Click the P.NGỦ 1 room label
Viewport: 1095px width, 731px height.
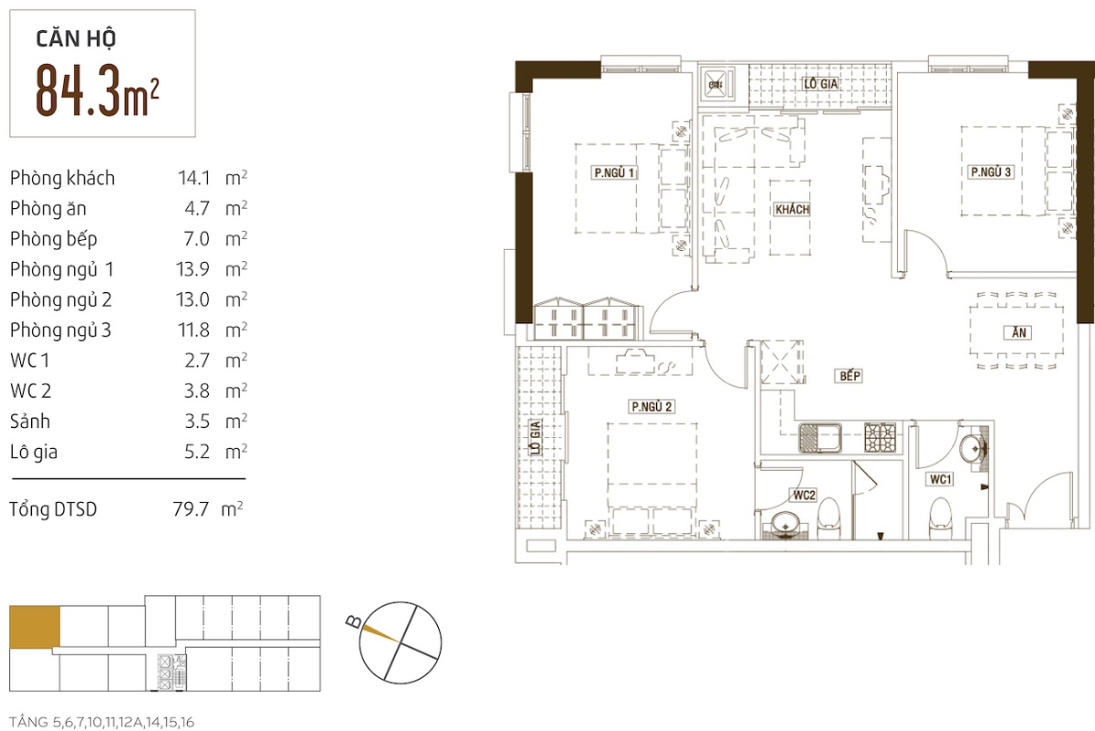pyautogui.click(x=614, y=172)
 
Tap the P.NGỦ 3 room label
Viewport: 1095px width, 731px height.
pyautogui.click(x=990, y=172)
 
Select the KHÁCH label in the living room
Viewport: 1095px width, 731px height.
pyautogui.click(x=792, y=209)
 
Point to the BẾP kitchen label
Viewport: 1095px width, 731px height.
pyautogui.click(x=850, y=375)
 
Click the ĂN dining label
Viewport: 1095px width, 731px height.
pyautogui.click(x=1018, y=332)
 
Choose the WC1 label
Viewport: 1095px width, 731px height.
pyautogui.click(x=941, y=479)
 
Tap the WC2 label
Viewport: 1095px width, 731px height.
pyautogui.click(x=804, y=496)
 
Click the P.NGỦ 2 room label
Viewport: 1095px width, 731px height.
pyautogui.click(x=652, y=406)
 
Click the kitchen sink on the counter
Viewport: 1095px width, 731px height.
pyautogui.click(x=820, y=438)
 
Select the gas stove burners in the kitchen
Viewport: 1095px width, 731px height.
pyautogui.click(x=881, y=438)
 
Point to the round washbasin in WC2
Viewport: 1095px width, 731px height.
pyautogui.click(x=786, y=524)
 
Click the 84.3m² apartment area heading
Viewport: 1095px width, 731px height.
pyautogui.click(x=97, y=91)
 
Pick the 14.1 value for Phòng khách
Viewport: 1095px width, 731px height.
pyautogui.click(x=194, y=178)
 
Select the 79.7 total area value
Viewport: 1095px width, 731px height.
pyautogui.click(x=191, y=509)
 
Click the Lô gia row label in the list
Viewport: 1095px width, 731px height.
pyautogui.click(x=34, y=452)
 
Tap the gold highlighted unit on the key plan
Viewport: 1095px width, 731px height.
pyautogui.click(x=35, y=627)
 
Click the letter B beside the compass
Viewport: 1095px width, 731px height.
pyautogui.click(x=353, y=621)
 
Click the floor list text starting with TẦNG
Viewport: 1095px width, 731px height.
pyautogui.click(x=101, y=722)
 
